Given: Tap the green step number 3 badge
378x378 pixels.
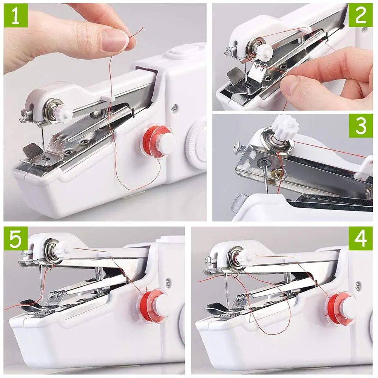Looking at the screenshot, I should click(x=361, y=127).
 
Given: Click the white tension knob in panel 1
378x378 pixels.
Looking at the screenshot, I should click(x=64, y=112).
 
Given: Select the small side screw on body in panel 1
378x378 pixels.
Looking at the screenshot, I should click(x=174, y=108).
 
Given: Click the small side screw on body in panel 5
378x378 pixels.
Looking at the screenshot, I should click(x=168, y=281).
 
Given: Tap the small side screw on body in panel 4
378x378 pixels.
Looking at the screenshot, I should click(x=357, y=284).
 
